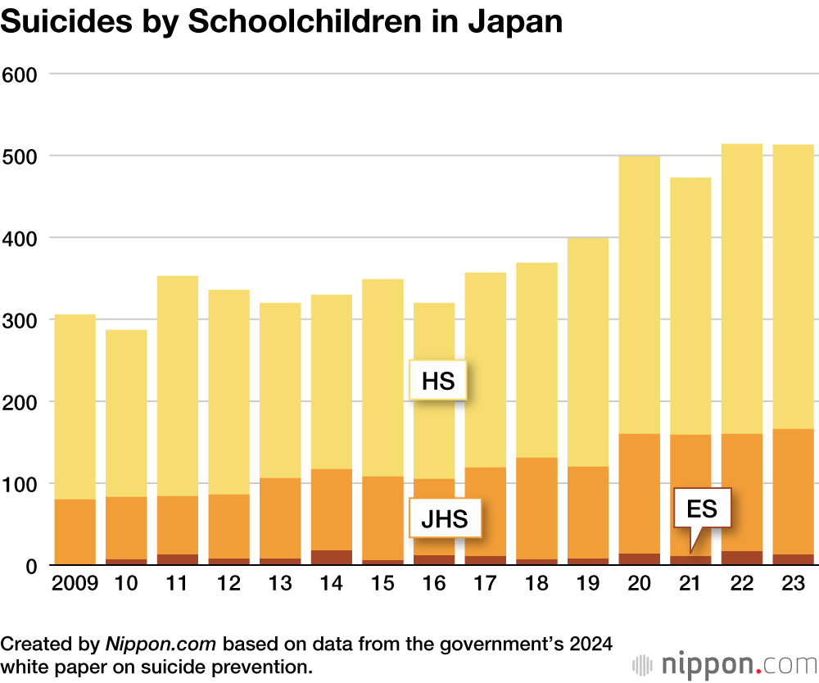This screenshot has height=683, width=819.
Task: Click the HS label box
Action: click(x=437, y=381)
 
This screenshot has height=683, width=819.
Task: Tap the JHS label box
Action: click(x=445, y=518)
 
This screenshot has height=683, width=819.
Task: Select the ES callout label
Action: click(x=701, y=509)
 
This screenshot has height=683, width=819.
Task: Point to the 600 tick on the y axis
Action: click(x=20, y=75)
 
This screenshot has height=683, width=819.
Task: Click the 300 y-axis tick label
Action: click(x=20, y=320)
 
